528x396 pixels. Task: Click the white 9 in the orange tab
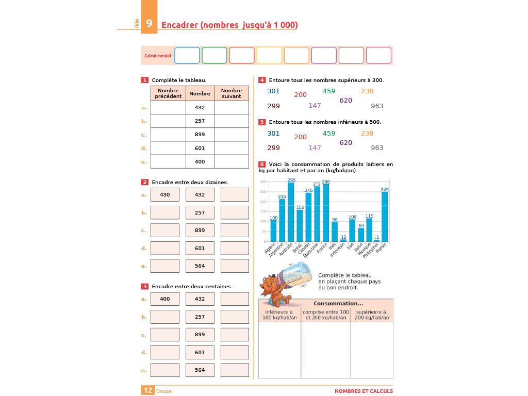[x=148, y=24]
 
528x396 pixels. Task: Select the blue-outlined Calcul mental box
[x=187, y=55]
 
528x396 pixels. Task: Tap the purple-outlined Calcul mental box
[x=324, y=55]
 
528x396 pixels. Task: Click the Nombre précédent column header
[x=168, y=93]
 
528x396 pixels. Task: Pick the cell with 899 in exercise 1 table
[x=200, y=135]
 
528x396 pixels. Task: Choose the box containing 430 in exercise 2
[x=165, y=195]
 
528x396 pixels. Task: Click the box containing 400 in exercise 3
[x=165, y=299]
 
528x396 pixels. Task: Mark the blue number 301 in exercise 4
[x=273, y=91]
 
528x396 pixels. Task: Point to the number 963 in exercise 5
[x=377, y=148]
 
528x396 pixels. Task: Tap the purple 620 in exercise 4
[x=345, y=101]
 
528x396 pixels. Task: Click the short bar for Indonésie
[x=343, y=240]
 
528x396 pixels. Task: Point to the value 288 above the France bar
[x=326, y=182]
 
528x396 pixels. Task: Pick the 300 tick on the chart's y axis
[x=262, y=182]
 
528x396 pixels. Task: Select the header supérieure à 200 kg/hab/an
[x=371, y=315]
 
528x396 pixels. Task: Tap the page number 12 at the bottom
[x=148, y=390]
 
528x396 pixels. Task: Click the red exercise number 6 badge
[x=262, y=164]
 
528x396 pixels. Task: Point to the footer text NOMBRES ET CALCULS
[x=364, y=391]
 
